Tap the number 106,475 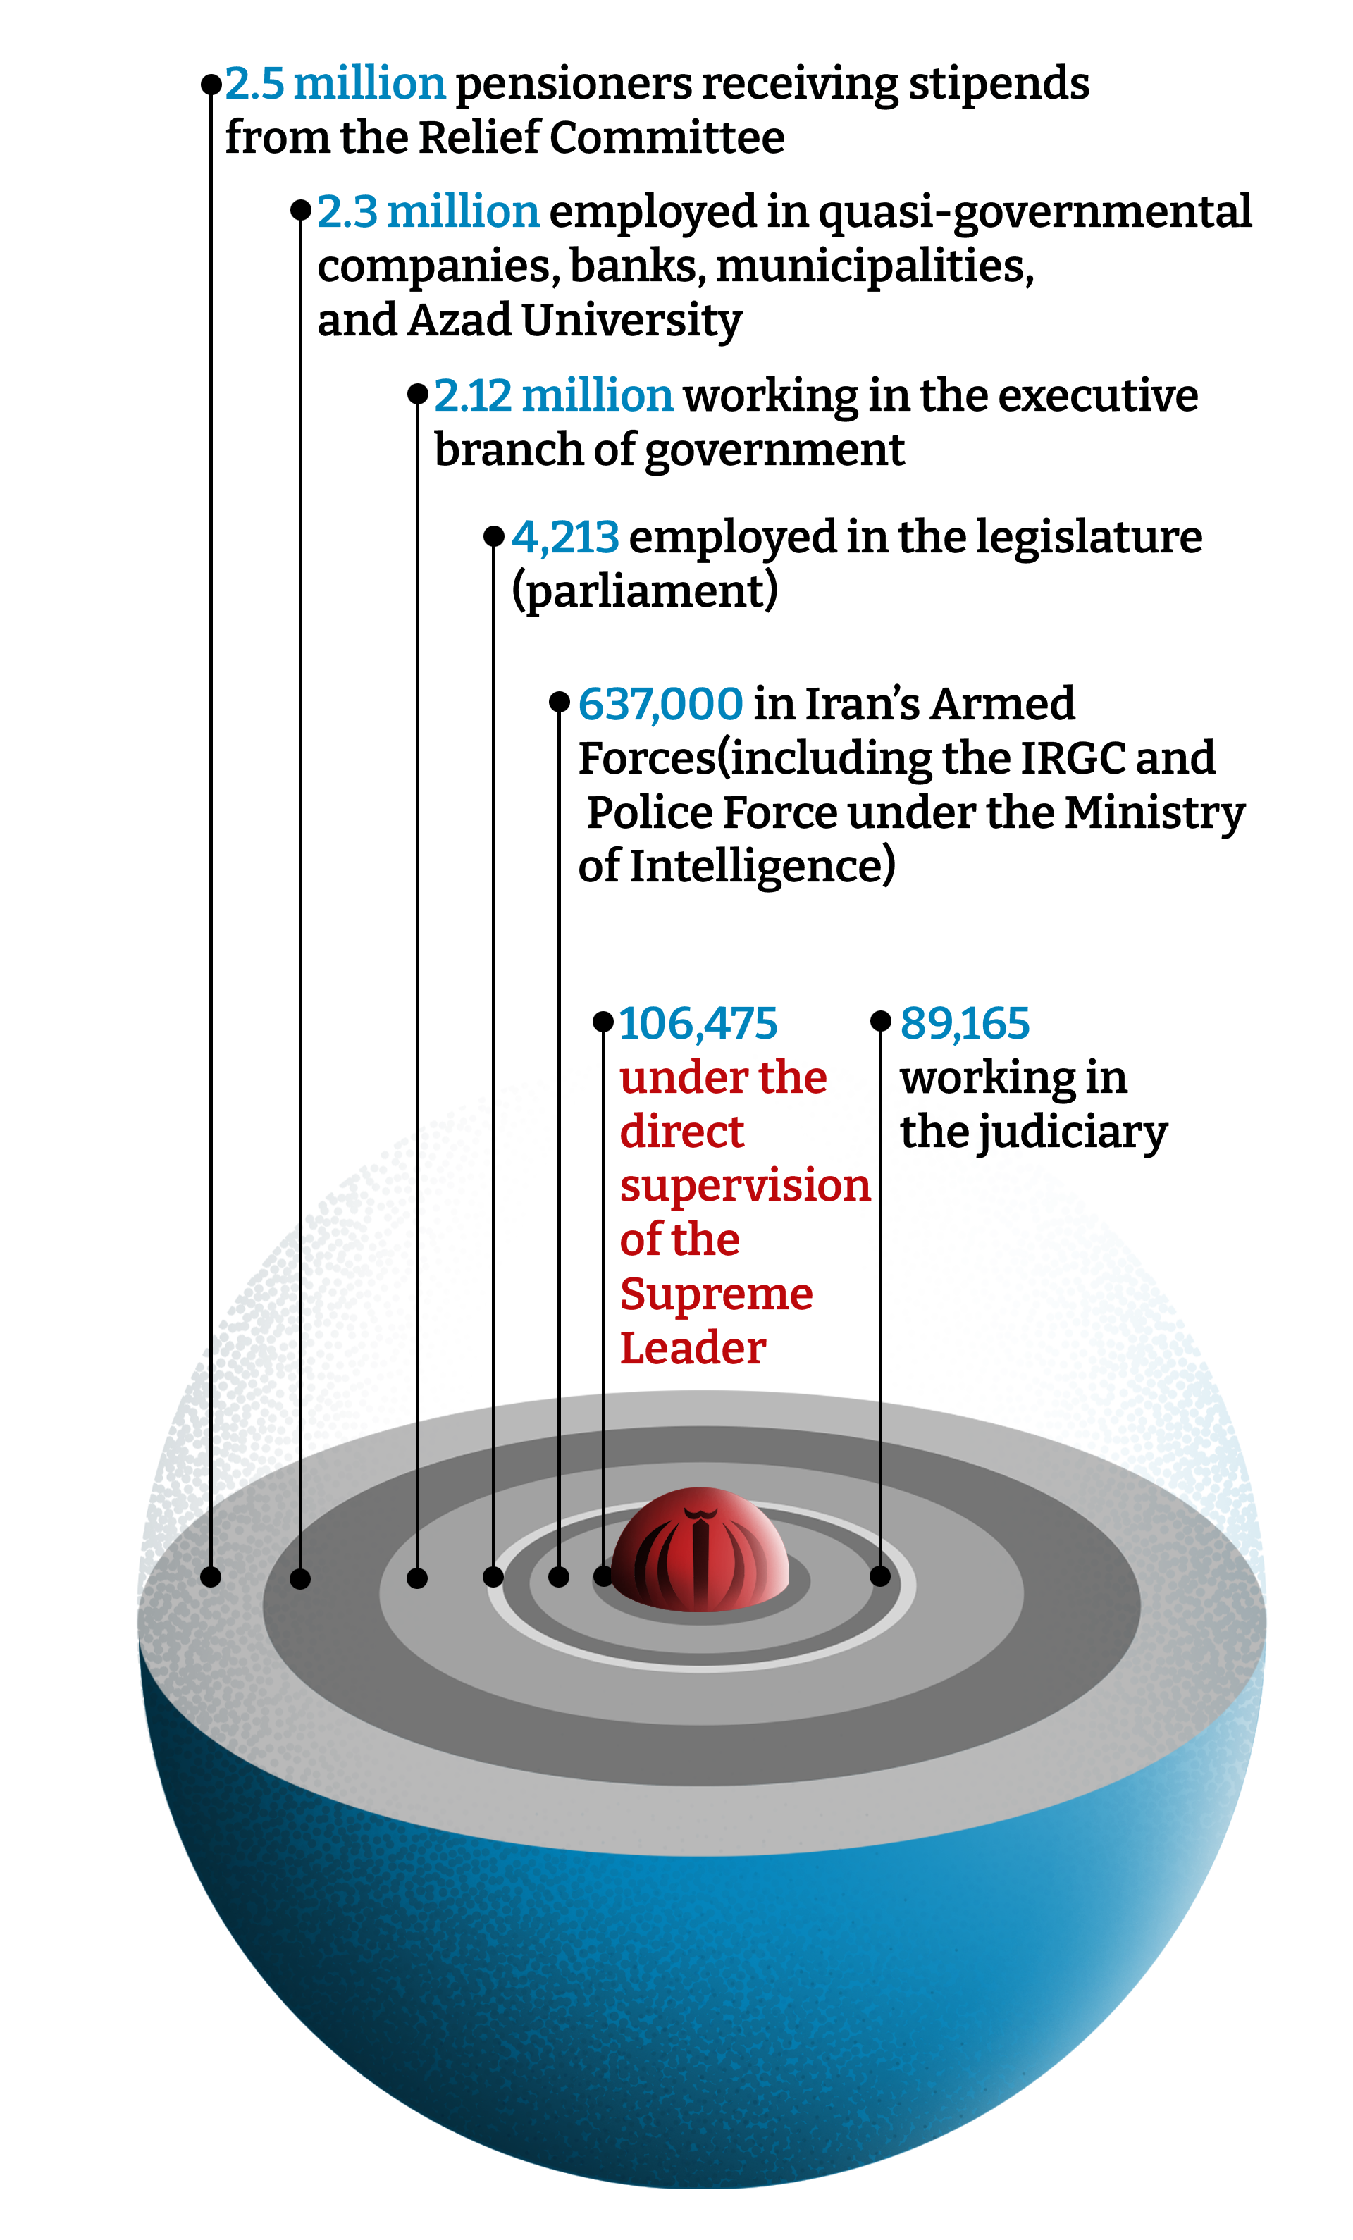coord(698,1024)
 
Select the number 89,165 coord(964,1024)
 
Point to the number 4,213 coord(564,537)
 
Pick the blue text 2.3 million coord(427,212)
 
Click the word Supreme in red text coord(715,1294)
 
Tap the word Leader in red coord(692,1348)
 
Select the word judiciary coord(1071,1134)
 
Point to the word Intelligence coord(760,867)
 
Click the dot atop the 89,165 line coord(880,1021)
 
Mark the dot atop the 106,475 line coord(603,1022)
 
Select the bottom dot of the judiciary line coord(880,1576)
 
